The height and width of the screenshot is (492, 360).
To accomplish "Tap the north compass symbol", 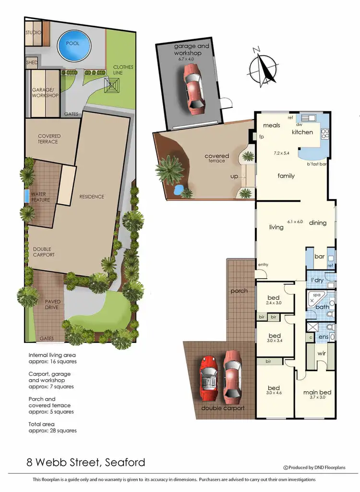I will (x=262, y=67).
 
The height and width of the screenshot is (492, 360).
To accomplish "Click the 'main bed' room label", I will (x=317, y=392).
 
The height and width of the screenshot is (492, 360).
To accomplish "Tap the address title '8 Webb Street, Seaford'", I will (x=85, y=462).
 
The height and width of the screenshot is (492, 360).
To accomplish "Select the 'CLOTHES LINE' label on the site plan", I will (x=123, y=70).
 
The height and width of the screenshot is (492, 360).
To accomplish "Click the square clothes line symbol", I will (x=113, y=87).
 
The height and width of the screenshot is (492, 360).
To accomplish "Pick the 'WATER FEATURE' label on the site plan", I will (x=41, y=197).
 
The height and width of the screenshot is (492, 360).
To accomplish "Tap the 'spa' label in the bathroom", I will (x=316, y=295).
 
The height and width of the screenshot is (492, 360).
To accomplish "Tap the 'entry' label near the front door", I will (x=263, y=265).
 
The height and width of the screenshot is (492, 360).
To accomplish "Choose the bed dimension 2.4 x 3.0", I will (x=274, y=303).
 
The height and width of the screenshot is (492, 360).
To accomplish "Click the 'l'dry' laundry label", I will (x=317, y=280).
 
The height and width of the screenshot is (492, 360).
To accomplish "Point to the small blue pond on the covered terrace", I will (x=179, y=189).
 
